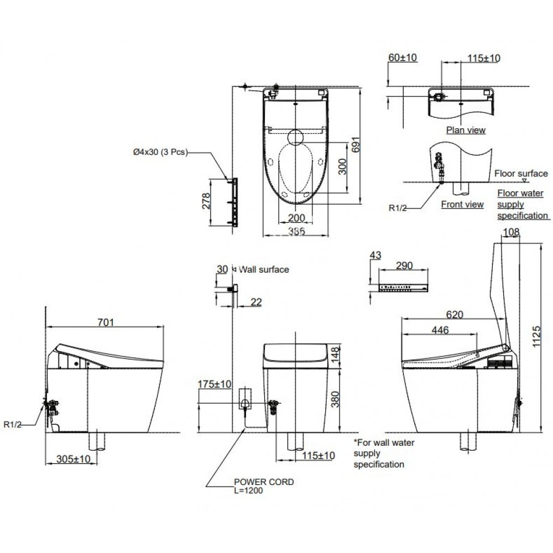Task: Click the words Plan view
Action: (x=466, y=130)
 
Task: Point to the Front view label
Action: (x=462, y=204)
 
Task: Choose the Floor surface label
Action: (x=521, y=173)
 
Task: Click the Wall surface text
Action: (x=263, y=269)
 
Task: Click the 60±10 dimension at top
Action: (x=402, y=58)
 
